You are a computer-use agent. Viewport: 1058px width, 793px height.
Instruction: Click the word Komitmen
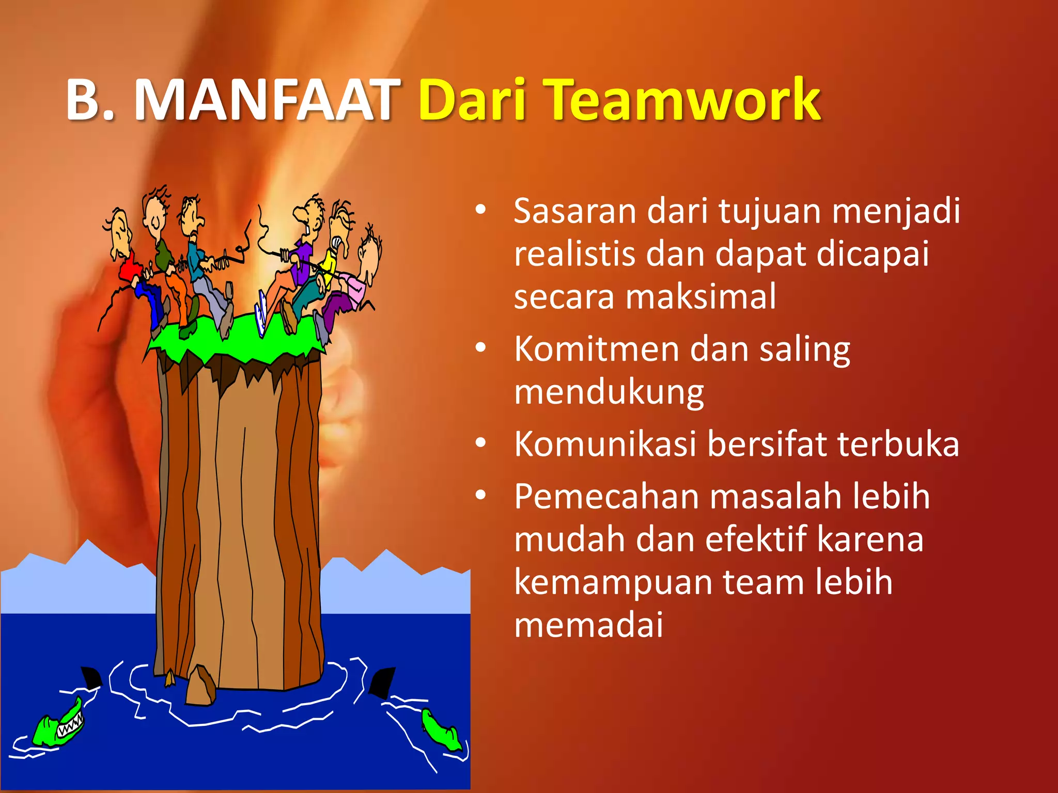pos(597,350)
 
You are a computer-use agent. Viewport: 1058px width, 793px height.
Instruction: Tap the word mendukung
pos(609,392)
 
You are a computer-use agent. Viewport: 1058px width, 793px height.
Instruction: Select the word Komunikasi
pos(605,444)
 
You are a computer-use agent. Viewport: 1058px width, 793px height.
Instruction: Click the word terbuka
pos(898,444)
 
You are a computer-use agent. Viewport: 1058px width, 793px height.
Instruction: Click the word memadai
pos(588,625)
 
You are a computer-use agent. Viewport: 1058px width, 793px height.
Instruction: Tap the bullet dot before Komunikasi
pos(481,443)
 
